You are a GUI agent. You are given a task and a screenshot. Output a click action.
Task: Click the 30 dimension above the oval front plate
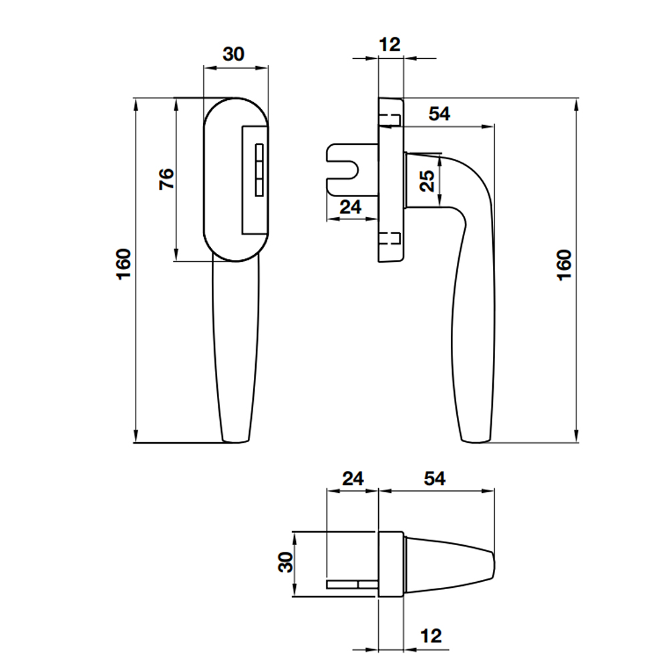(233, 54)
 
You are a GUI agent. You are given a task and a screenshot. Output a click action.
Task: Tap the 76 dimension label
(166, 179)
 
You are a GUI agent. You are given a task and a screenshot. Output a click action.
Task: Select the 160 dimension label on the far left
(124, 264)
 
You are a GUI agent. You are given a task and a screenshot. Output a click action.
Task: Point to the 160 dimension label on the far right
(564, 265)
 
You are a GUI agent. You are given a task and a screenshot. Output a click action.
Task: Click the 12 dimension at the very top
(390, 44)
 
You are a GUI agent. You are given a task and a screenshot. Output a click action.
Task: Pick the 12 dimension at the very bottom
(431, 636)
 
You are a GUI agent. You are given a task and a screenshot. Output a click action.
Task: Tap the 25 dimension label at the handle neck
(428, 181)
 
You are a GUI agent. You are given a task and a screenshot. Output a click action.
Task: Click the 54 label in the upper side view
(440, 114)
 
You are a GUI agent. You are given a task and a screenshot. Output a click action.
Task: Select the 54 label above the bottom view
(435, 478)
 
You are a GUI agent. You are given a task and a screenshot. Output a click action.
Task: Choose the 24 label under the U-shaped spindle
(351, 207)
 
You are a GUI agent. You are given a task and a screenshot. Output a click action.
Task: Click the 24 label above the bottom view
(353, 478)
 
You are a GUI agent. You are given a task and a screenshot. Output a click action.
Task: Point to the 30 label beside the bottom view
(286, 562)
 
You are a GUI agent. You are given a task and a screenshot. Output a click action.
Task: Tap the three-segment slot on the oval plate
(259, 170)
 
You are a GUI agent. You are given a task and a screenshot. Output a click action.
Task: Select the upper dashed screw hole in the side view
(389, 120)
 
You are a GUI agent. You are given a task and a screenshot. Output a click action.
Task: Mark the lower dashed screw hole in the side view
(389, 239)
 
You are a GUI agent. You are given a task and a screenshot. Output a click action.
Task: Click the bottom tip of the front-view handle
(236, 442)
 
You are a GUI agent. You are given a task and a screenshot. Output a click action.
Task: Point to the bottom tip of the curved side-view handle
(476, 442)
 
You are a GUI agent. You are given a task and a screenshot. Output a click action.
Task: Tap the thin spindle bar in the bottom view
(352, 584)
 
